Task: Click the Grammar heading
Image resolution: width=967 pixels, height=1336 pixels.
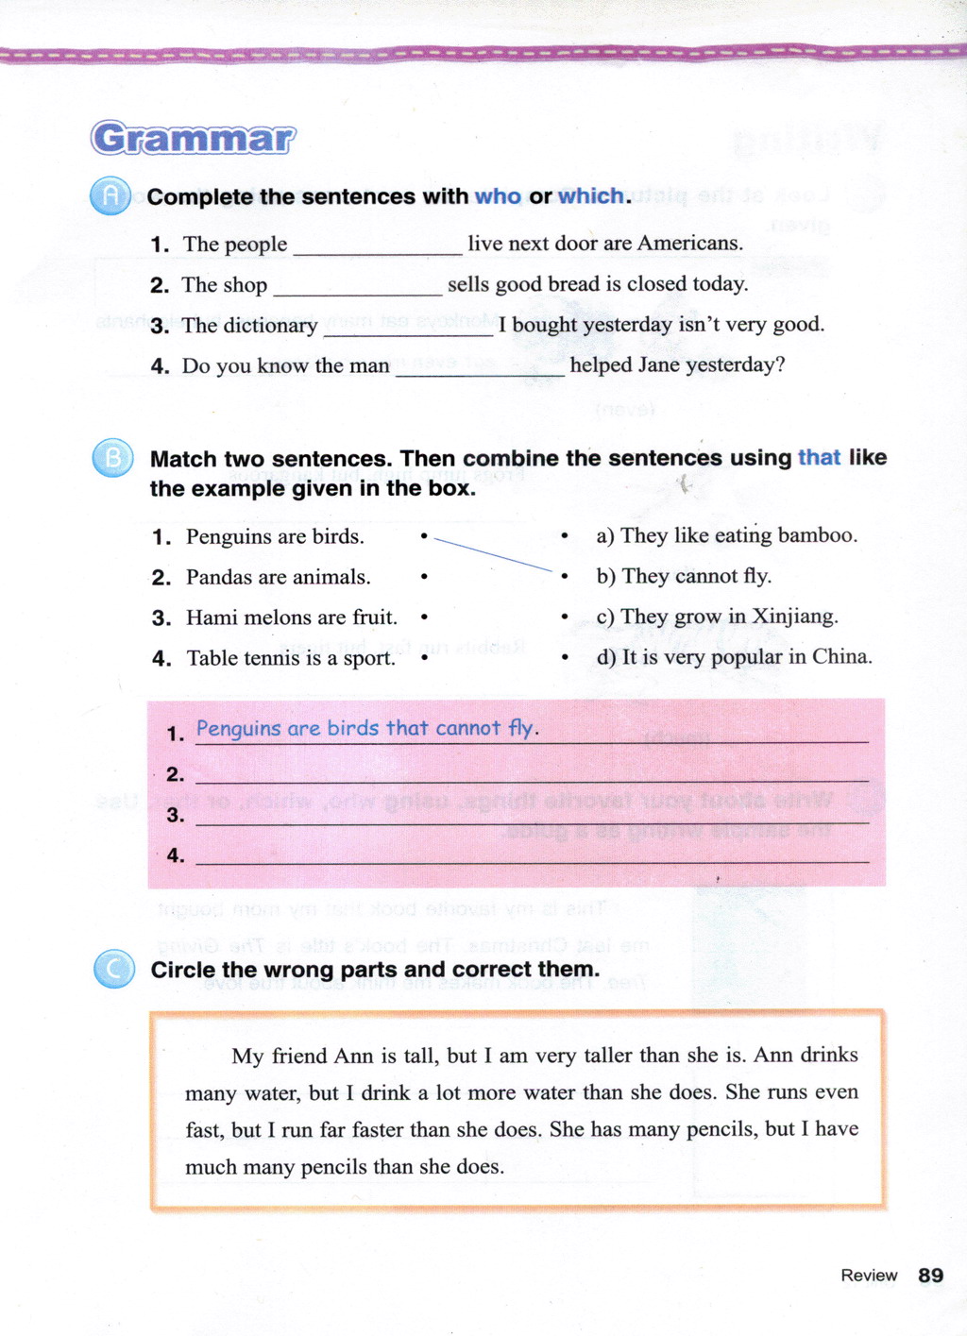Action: pos(194,138)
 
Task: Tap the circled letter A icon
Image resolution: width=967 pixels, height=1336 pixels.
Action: pos(110,195)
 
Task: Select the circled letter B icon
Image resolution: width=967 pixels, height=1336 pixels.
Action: pos(112,458)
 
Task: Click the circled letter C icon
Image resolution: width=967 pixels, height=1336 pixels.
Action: pos(114,969)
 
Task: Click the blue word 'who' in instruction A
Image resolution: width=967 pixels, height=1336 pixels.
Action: pos(498,196)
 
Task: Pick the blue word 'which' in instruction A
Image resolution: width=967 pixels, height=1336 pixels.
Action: pos(591,196)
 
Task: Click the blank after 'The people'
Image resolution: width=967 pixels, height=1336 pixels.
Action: pos(378,247)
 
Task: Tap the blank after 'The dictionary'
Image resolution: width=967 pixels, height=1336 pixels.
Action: pos(408,329)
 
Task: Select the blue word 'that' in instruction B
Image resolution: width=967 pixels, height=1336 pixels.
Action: pos(819,458)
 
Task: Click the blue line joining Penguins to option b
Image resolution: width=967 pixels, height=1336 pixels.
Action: pos(491,554)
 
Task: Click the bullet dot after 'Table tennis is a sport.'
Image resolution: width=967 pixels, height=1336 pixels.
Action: pos(425,658)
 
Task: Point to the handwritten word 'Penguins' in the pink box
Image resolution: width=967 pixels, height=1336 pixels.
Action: pos(238,729)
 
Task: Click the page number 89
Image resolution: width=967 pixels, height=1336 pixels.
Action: pos(930,1275)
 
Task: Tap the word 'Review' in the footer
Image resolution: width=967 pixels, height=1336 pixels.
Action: pos(869,1276)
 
